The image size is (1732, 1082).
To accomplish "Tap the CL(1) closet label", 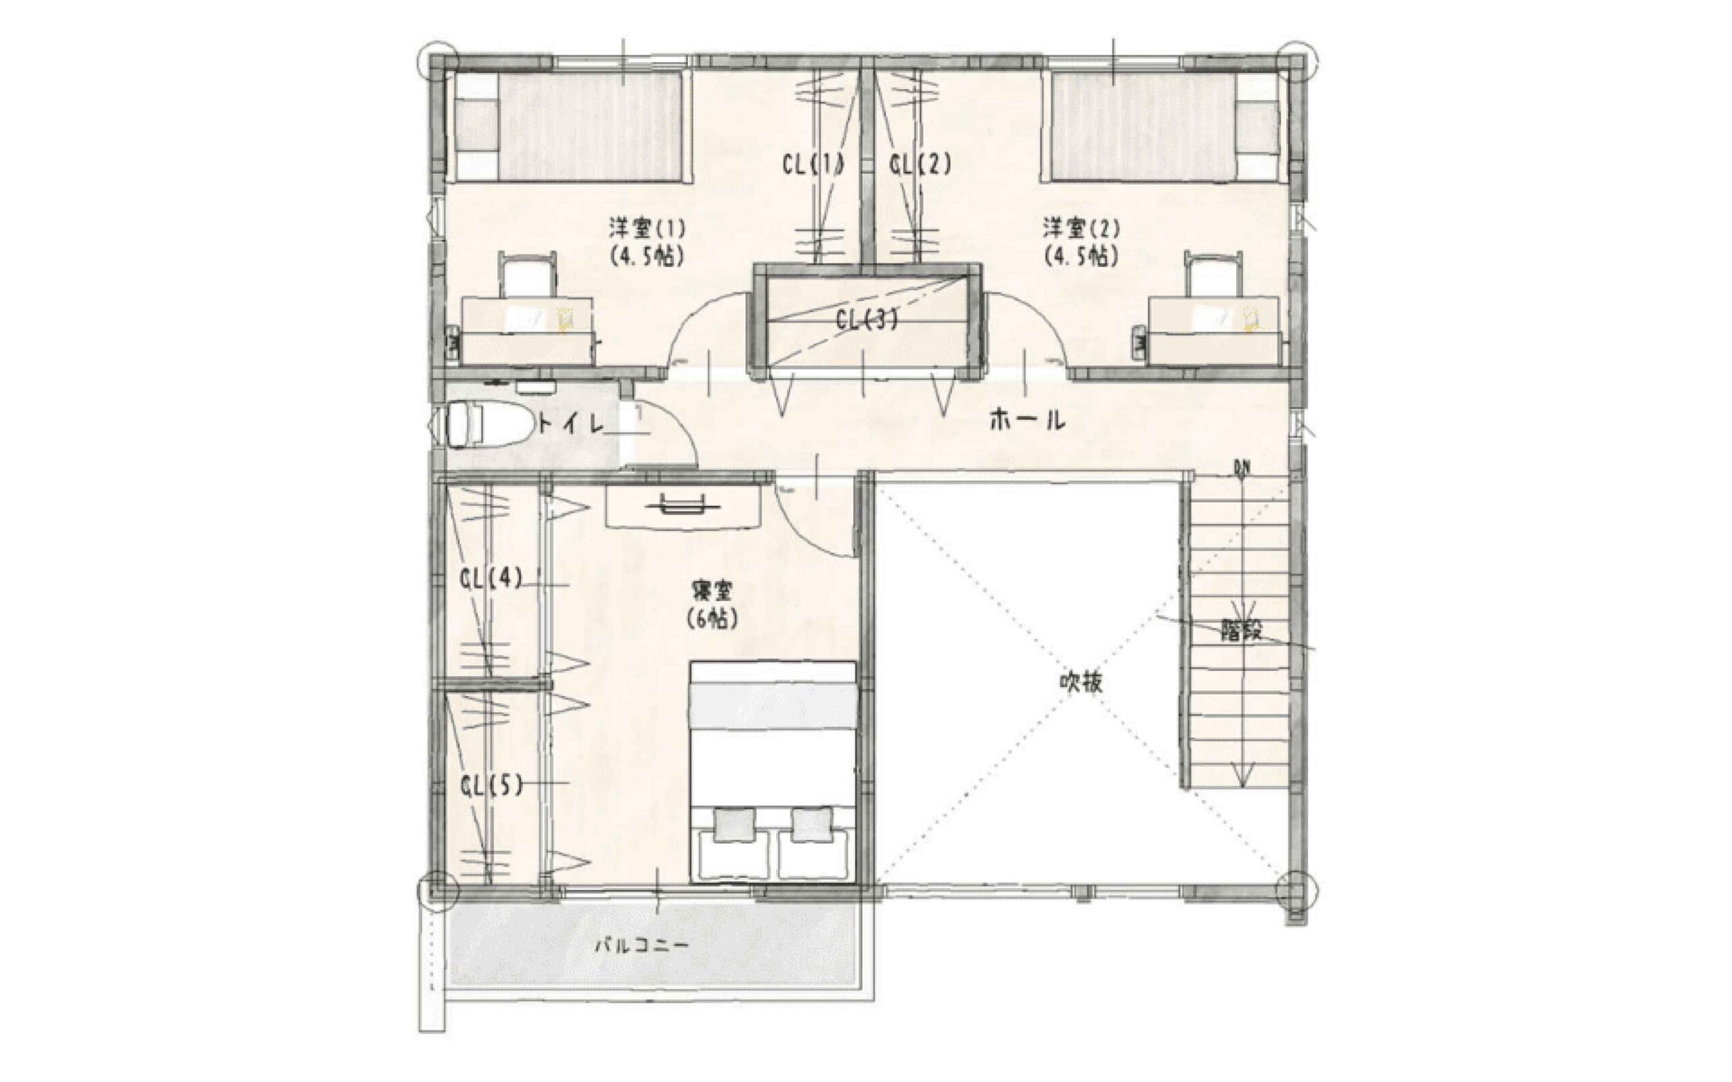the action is [x=813, y=165].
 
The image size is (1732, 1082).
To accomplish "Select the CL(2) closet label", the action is [x=920, y=165].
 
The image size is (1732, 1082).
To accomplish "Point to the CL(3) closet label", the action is [x=866, y=320].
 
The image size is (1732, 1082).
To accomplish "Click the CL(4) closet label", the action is [x=491, y=578].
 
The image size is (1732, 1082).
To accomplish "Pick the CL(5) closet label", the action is [x=491, y=786].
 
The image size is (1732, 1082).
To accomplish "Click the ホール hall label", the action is [x=1027, y=420].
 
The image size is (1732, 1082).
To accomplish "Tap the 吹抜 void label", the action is [x=1080, y=683].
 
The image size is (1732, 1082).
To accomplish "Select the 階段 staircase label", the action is [x=1241, y=630].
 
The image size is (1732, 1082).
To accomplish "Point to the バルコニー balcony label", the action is [x=643, y=946].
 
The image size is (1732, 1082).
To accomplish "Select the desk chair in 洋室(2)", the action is [x=1213, y=275].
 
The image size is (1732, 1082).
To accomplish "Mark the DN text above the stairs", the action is [x=1241, y=468].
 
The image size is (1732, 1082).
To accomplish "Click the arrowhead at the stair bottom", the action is [x=1242, y=773].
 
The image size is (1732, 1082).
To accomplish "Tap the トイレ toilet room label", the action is [x=571, y=425].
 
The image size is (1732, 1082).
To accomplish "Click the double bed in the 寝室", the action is [x=773, y=772].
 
